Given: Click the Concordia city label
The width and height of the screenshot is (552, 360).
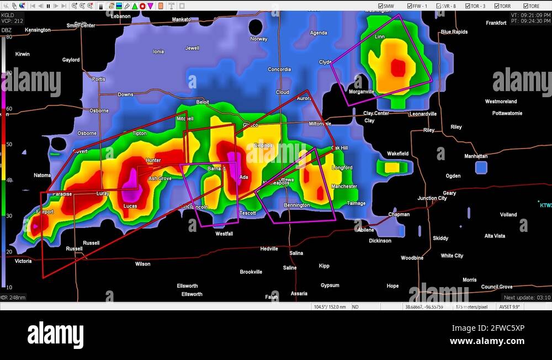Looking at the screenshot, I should [279, 70].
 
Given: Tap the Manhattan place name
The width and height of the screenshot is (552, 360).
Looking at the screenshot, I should [476, 156].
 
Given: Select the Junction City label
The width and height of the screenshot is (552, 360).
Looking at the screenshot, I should [432, 198].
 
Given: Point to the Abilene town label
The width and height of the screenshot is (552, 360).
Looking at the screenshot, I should [365, 230].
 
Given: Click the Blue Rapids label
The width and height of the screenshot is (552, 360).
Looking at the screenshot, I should [454, 32].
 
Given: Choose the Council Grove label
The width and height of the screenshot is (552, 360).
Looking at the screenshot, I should [497, 287].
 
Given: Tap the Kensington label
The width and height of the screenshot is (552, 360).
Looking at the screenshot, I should [38, 30].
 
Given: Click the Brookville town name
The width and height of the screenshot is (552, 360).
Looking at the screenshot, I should [251, 272].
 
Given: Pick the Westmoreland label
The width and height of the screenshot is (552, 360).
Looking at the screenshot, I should [501, 102].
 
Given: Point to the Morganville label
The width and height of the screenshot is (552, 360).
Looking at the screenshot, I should [362, 92].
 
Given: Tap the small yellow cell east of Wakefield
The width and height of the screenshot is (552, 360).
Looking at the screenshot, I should [392, 167].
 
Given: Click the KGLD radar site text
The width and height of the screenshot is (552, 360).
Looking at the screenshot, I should [8, 15].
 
